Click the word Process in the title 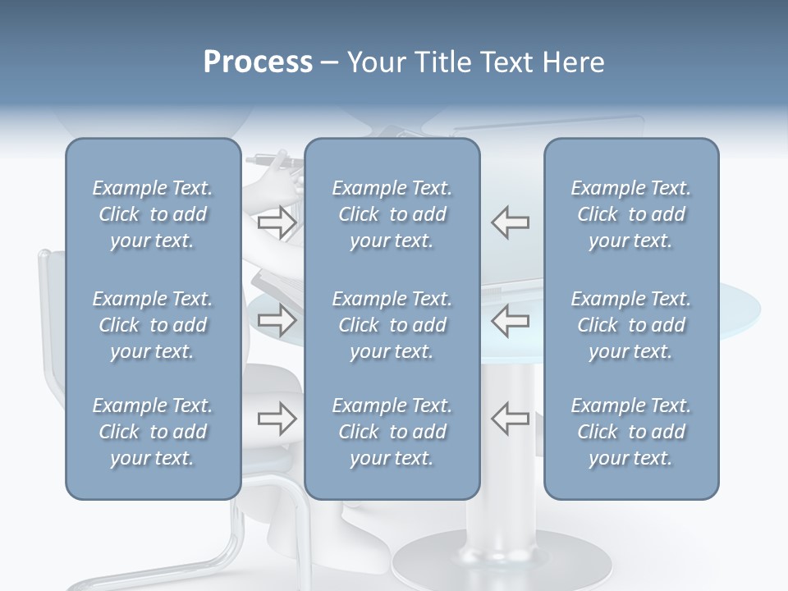tap(258, 62)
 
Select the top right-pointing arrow tap(277, 222)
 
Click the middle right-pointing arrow tap(277, 320)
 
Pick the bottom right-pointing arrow tap(277, 418)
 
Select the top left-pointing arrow tap(510, 222)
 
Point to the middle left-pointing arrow tap(510, 320)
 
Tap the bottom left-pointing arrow tap(510, 418)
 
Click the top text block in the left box tap(153, 214)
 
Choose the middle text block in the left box tap(153, 325)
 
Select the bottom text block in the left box tap(153, 432)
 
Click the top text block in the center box tap(392, 214)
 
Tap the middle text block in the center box tap(392, 325)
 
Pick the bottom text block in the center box tap(392, 432)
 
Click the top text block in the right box tap(630, 214)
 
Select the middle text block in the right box tap(630, 325)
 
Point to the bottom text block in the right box tap(630, 432)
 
